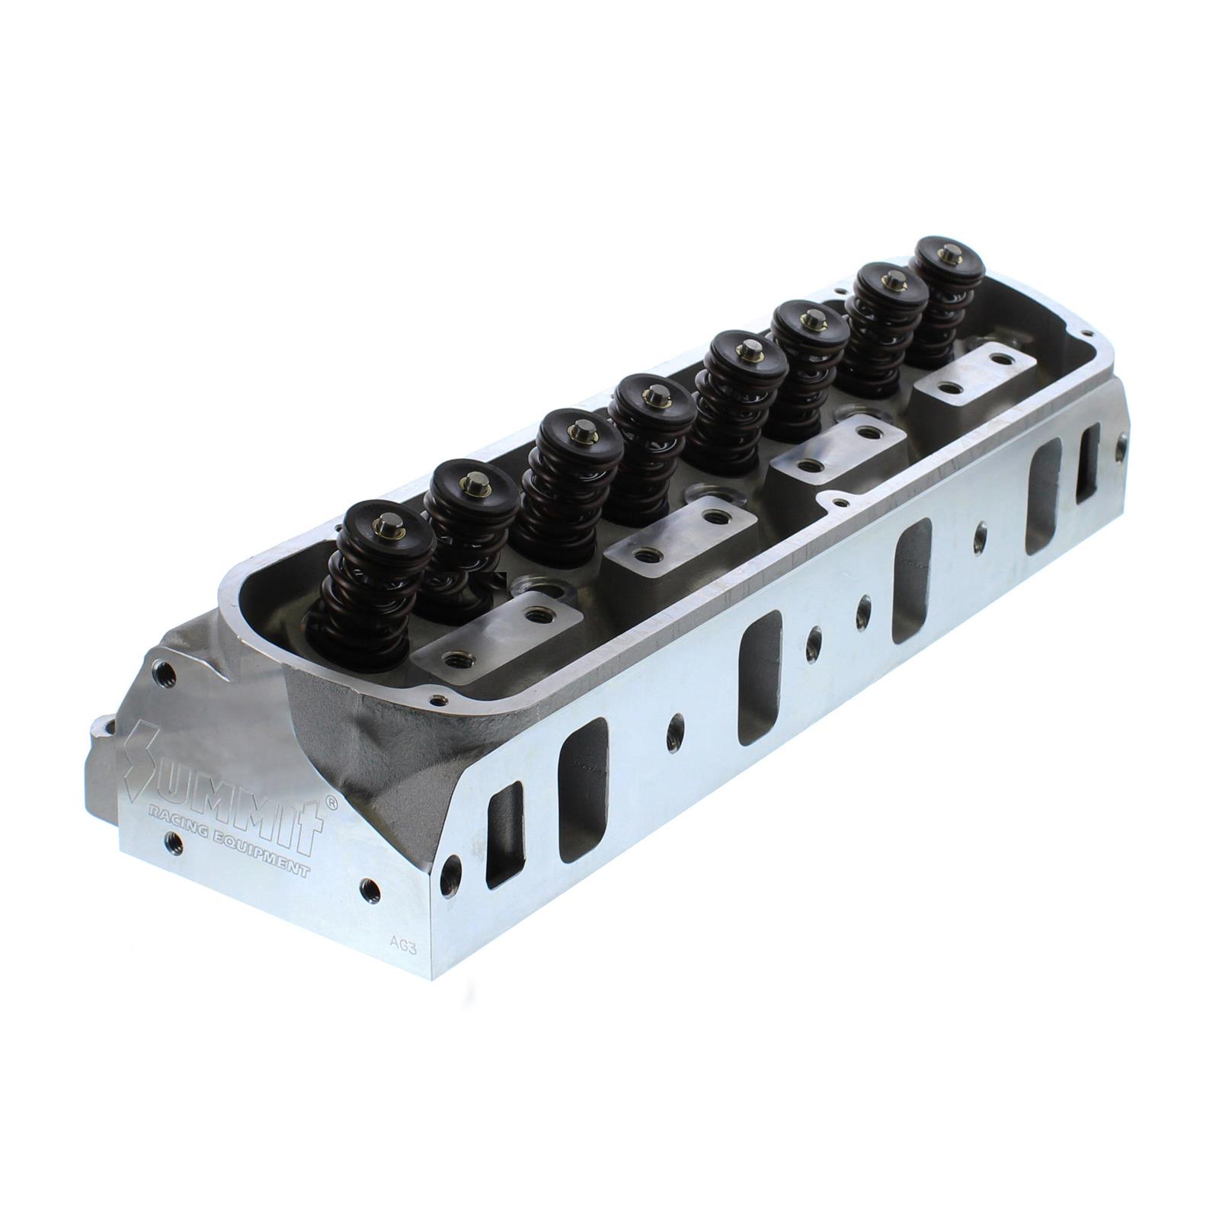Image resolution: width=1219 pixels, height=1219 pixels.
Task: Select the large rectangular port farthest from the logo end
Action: coord(1044,495)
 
